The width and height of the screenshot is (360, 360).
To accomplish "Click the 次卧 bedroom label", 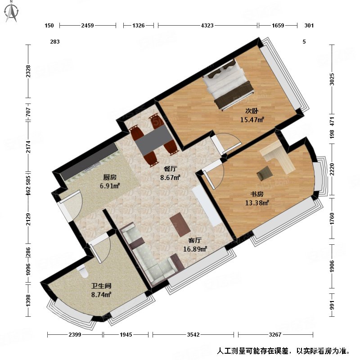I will point(251,111).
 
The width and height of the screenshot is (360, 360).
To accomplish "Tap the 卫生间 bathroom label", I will point(101,286).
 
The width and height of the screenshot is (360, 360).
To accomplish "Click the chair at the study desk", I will point(265,173).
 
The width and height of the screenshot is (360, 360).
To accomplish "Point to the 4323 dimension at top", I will point(207,26).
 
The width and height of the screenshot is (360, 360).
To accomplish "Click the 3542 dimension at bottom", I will point(193,334).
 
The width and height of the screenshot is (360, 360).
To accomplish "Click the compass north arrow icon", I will point(12,13).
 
